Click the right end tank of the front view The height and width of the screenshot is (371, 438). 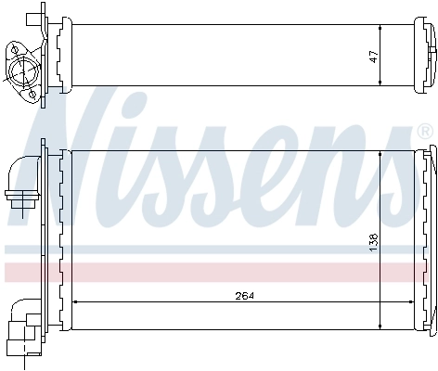(x=430, y=238)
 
